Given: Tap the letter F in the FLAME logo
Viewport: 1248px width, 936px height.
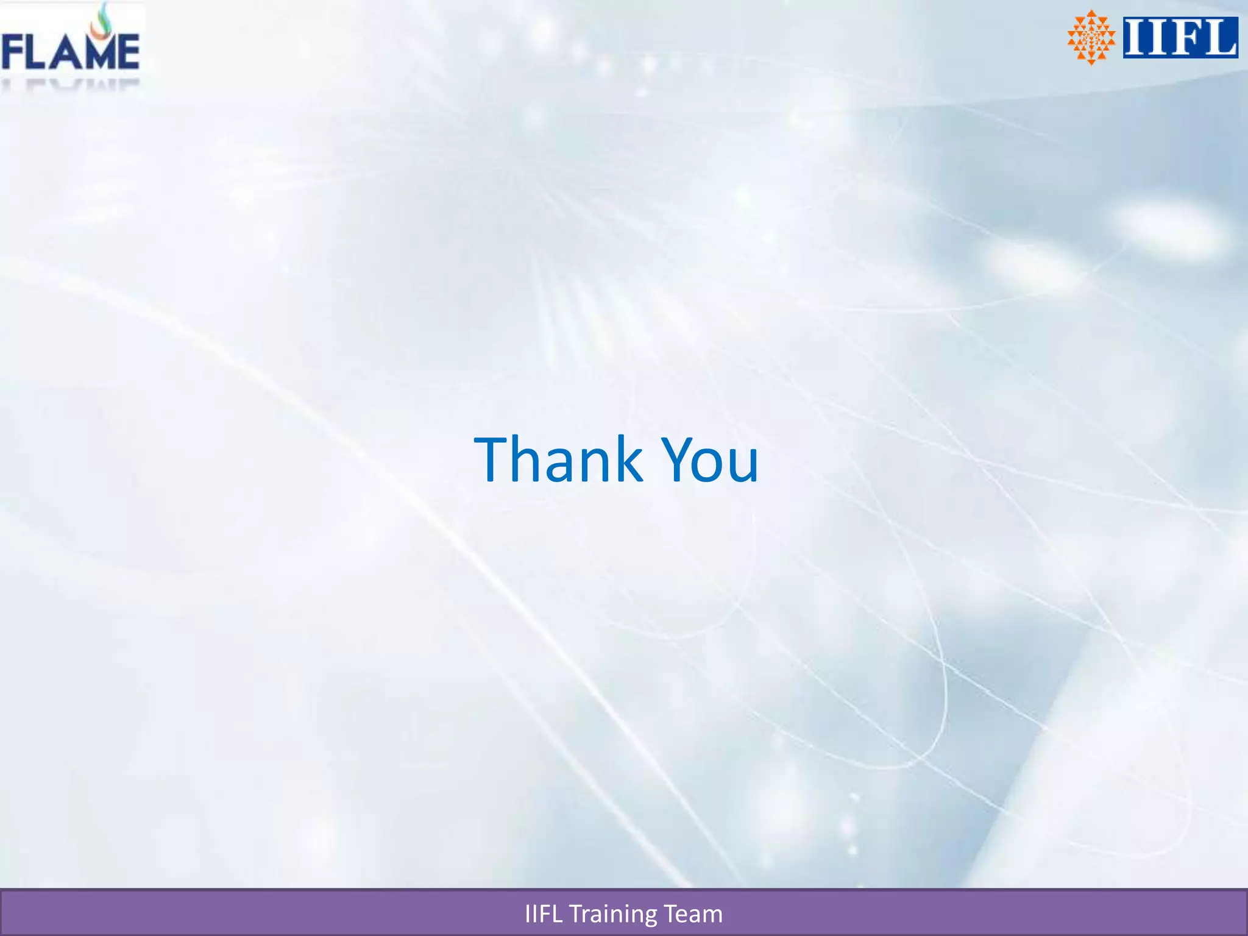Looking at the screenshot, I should point(13,52).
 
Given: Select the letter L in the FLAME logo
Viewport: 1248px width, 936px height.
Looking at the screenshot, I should point(38,52).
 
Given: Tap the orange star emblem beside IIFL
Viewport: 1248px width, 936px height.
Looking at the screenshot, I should point(1091,37).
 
